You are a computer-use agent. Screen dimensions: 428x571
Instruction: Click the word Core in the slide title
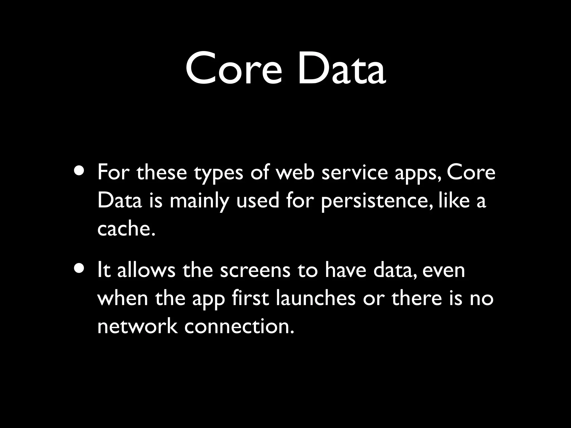pos(234,68)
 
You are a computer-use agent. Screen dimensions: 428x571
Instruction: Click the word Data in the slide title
pos(342,68)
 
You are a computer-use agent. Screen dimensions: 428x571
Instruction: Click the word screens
pos(255,271)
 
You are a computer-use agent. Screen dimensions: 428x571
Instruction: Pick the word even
pos(444,271)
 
